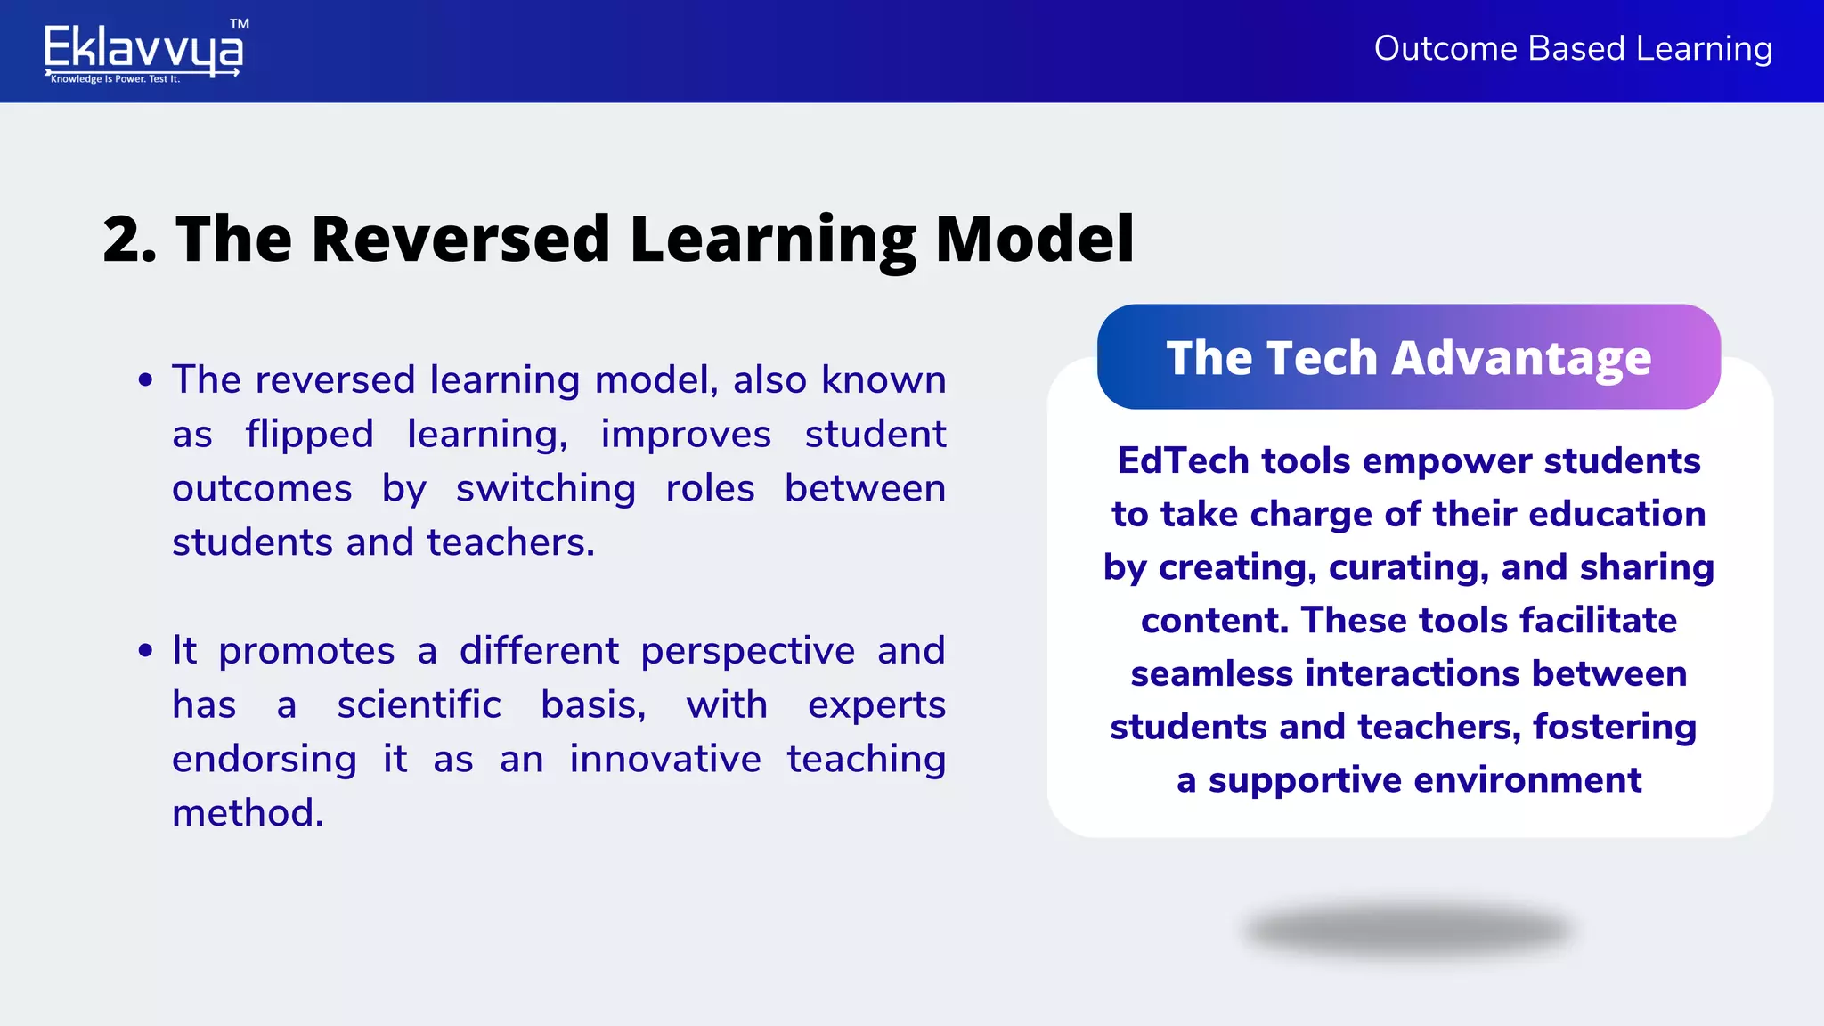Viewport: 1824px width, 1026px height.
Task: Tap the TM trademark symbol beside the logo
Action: pyautogui.click(x=239, y=24)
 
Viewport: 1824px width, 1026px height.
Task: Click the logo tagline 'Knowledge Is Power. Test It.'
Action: pyautogui.click(x=116, y=79)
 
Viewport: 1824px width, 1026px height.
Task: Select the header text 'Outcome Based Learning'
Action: pyautogui.click(x=1573, y=48)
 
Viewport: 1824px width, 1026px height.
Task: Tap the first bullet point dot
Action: pyautogui.click(x=146, y=381)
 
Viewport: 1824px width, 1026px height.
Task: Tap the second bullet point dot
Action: pyautogui.click(x=146, y=651)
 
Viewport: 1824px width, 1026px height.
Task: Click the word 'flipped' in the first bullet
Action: pyautogui.click(x=309, y=435)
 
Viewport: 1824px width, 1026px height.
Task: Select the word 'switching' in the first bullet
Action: pyautogui.click(x=545, y=489)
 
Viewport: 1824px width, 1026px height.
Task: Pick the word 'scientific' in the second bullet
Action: pyautogui.click(x=419, y=705)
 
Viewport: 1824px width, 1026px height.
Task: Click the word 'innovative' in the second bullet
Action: pyautogui.click(x=665, y=760)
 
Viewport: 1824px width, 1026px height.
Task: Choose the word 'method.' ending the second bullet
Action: pyautogui.click(x=248, y=813)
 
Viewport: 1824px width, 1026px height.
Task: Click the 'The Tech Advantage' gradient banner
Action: pyautogui.click(x=1408, y=357)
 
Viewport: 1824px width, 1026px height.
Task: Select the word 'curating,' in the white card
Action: pyautogui.click(x=1408, y=567)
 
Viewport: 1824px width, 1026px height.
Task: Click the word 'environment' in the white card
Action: pyautogui.click(x=1527, y=780)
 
